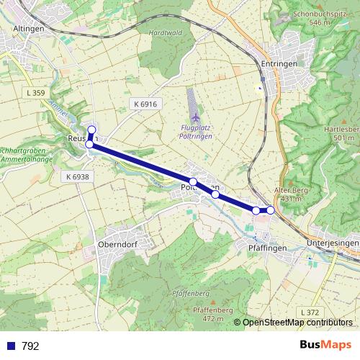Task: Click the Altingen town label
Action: click(x=29, y=28)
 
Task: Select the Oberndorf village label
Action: click(x=117, y=245)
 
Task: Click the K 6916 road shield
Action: click(x=145, y=104)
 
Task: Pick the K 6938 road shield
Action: click(x=76, y=176)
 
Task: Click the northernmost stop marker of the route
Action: click(x=91, y=130)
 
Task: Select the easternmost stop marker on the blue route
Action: click(x=271, y=210)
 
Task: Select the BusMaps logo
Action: click(x=325, y=345)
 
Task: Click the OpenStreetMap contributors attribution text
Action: click(x=297, y=323)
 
